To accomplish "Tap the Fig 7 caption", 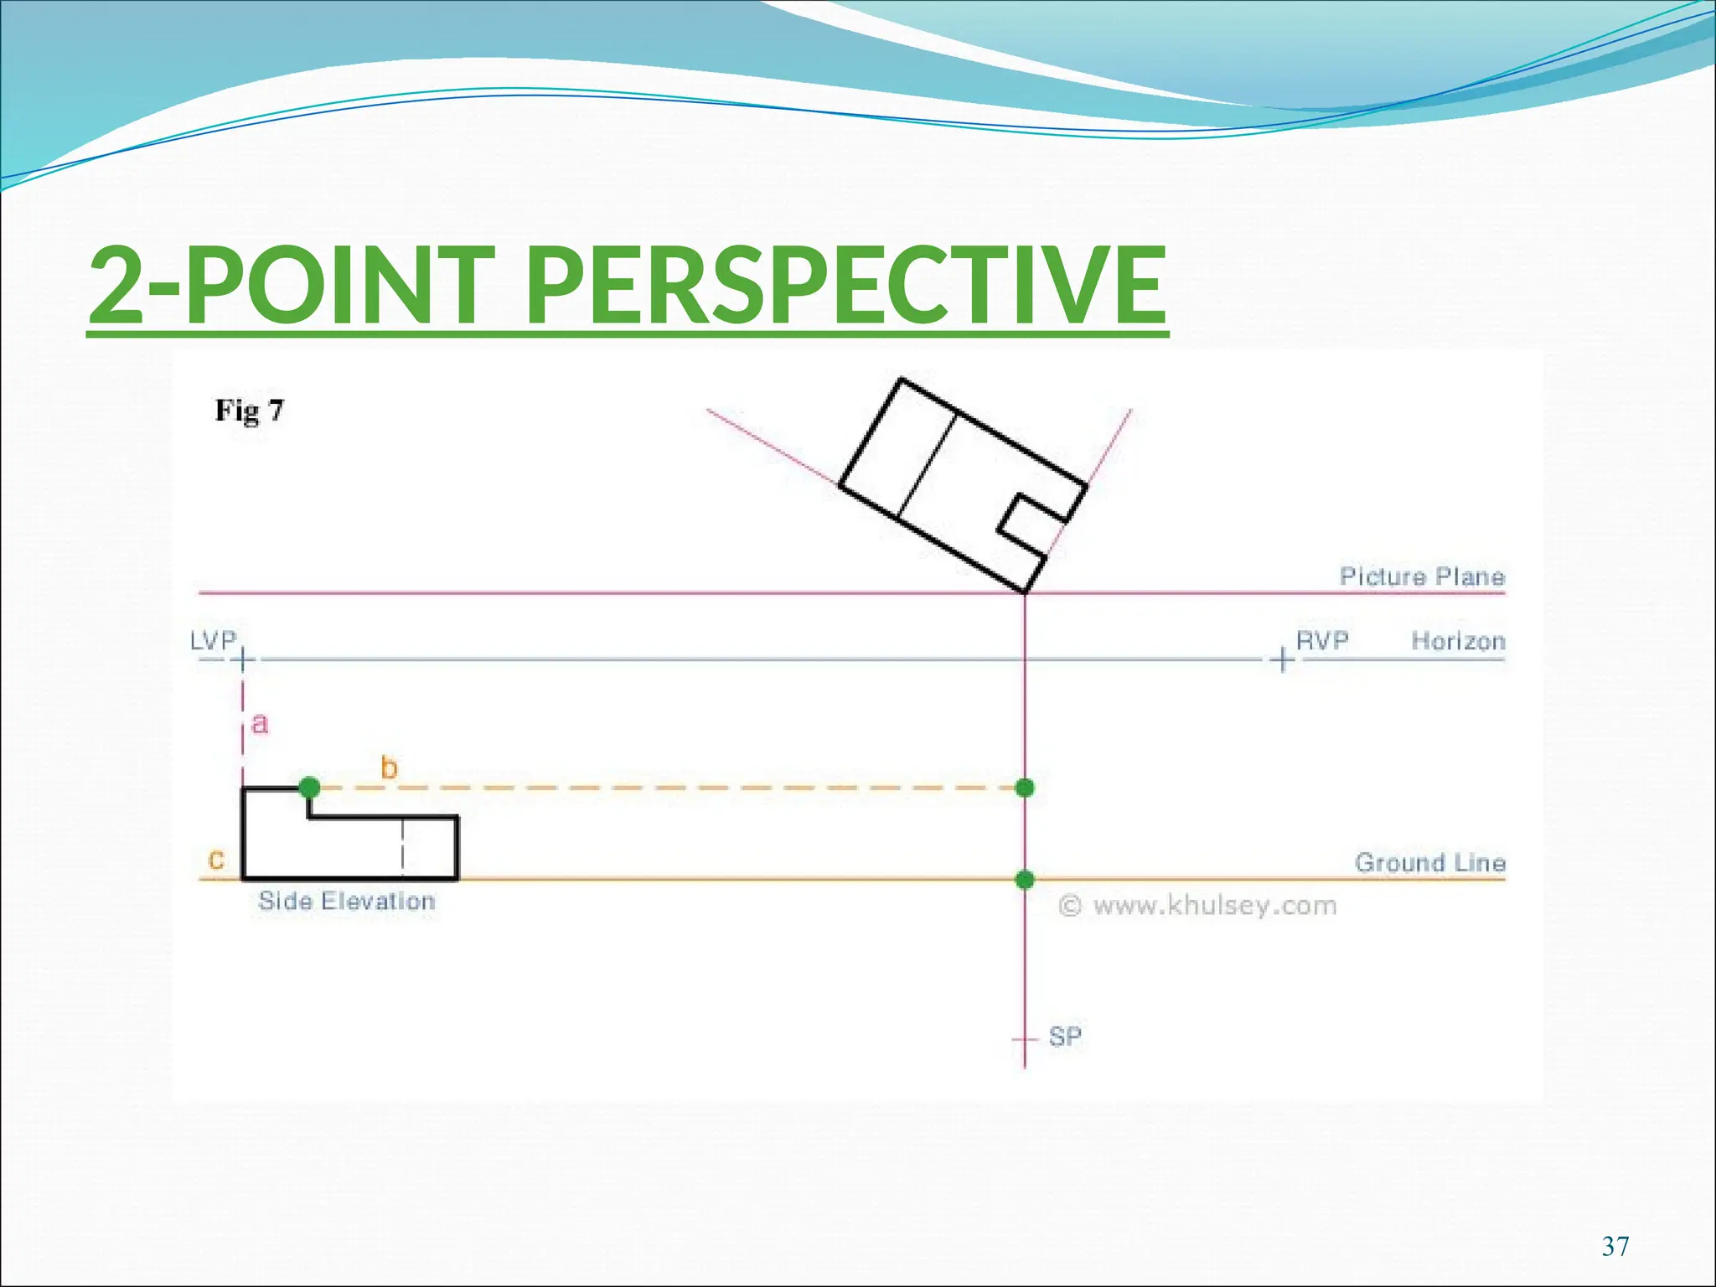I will [250, 411].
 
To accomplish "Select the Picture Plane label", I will [1422, 576].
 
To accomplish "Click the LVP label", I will [213, 641].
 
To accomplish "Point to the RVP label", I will [1322, 641].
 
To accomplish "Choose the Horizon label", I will [1458, 641].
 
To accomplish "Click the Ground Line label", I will [1430, 862].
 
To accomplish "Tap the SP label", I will [1065, 1037].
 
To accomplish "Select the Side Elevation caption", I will [347, 902].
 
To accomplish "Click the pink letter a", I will [260, 724].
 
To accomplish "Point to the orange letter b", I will [389, 768].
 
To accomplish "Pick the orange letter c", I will [216, 860].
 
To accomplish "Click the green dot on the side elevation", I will [309, 788].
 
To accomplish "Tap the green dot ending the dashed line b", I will [1025, 788].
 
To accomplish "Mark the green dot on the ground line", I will [1025, 879].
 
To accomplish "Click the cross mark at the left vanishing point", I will [242, 660].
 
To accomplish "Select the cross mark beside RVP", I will [1282, 660].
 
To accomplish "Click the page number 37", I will [1615, 1247].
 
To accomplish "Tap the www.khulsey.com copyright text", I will [1198, 906].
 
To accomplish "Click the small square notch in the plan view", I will [1032, 525].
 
